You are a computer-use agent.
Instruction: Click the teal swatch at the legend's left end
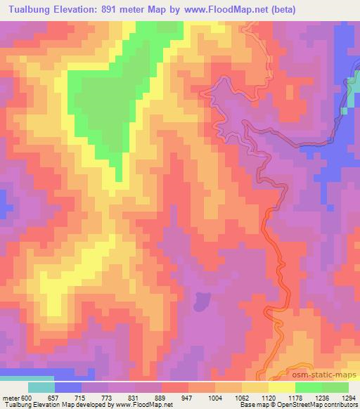pos(41,387)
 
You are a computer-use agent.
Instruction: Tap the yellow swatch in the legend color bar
pos(282,387)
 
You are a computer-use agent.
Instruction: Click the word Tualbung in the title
pos(29,10)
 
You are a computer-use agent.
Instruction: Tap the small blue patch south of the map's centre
pos(201,301)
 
